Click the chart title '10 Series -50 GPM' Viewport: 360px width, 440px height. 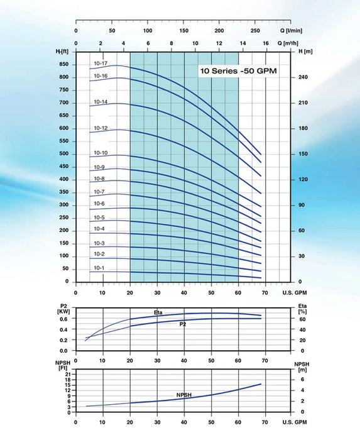coord(238,71)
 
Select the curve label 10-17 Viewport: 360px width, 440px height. coord(101,63)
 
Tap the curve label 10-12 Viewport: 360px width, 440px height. coord(101,128)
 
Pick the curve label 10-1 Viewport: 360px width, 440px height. coord(99,268)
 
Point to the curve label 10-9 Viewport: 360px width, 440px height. coord(99,167)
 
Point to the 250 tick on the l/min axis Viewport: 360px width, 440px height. coord(255,30)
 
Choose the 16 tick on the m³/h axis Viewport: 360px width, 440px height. coord(266,43)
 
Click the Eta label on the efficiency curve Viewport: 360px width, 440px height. coord(158,312)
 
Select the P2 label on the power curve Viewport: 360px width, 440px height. coord(182,324)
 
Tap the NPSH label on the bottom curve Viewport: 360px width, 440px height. coord(184,395)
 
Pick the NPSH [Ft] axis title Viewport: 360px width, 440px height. coord(63,365)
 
